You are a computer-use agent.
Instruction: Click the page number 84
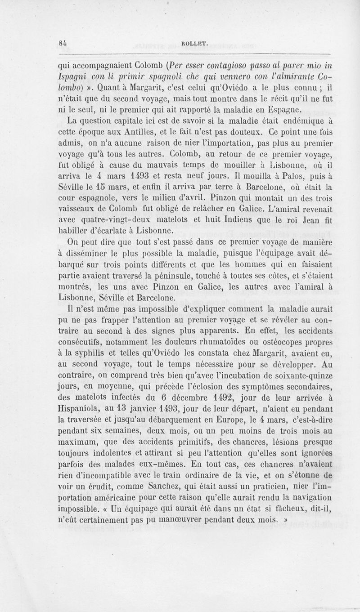click(x=63, y=43)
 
